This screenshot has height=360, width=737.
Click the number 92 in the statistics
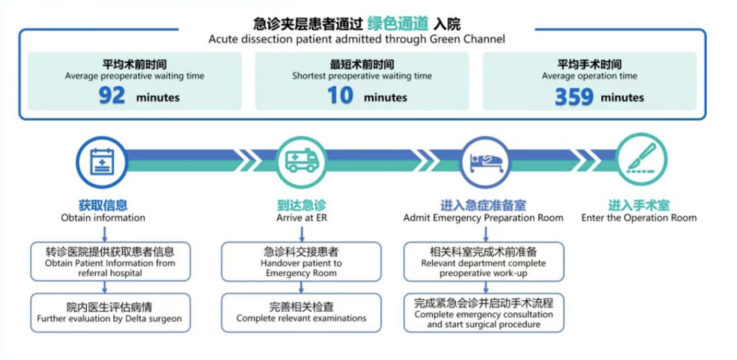(x=112, y=96)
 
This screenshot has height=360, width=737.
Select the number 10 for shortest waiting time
(x=340, y=96)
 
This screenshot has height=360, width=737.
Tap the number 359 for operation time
(x=574, y=97)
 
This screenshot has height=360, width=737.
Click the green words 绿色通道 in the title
(x=398, y=24)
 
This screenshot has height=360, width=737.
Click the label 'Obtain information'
(x=103, y=218)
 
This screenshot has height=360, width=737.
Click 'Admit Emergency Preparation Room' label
(x=483, y=218)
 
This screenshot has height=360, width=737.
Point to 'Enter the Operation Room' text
(x=639, y=218)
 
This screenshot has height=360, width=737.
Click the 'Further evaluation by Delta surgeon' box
(x=110, y=312)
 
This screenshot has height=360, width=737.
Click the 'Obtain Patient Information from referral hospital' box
(x=110, y=261)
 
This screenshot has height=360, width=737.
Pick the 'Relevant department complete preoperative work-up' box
(x=484, y=261)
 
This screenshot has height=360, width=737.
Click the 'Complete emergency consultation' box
(x=484, y=313)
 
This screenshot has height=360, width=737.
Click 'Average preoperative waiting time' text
(x=134, y=76)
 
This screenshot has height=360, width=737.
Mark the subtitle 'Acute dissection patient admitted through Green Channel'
(x=356, y=39)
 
